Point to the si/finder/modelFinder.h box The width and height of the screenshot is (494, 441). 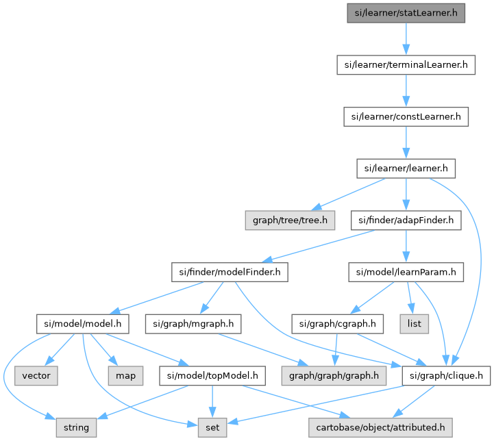point(228,272)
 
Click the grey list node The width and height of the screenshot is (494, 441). point(414,323)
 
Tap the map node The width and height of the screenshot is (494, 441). point(125,375)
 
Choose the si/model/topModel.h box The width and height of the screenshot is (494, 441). point(212,375)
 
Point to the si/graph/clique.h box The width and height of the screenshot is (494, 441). point(446,375)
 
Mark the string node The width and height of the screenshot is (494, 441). point(76,427)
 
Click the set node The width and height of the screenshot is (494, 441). point(212,427)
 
